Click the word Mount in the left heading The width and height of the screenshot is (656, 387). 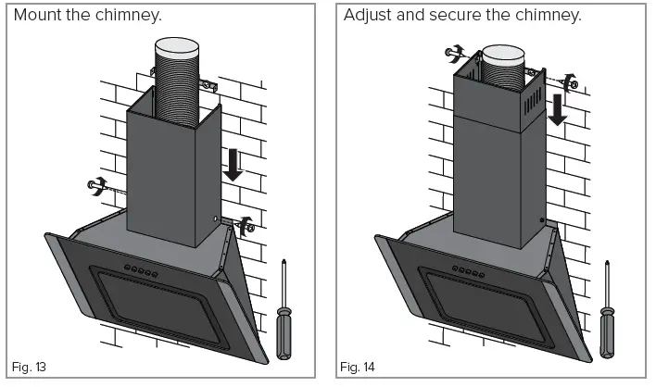pos(41,16)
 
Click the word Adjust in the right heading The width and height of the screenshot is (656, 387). pos(370,16)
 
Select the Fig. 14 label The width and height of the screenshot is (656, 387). pos(357,368)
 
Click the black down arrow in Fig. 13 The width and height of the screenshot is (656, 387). pos(233,165)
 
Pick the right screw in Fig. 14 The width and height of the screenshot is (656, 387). pos(573,82)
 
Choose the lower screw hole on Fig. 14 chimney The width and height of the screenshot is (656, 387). pos(541,220)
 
